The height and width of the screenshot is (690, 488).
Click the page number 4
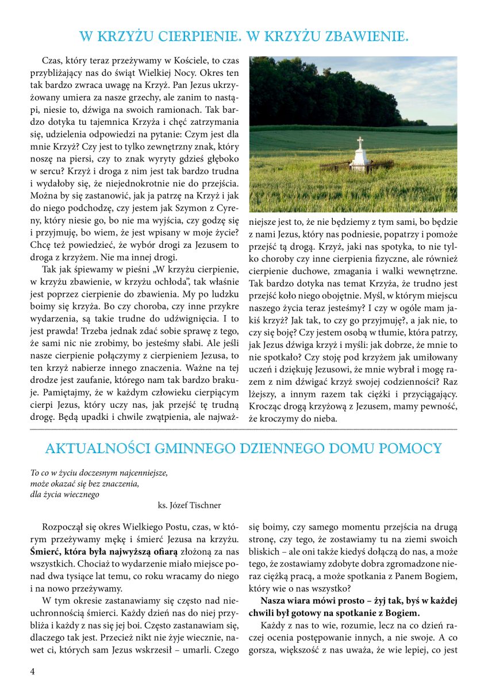pos(33,671)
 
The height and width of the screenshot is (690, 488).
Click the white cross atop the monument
pos(360,143)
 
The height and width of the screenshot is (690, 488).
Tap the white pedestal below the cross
pos(360,161)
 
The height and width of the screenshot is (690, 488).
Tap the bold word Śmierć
pos(45,549)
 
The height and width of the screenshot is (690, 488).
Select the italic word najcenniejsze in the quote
pos(140,473)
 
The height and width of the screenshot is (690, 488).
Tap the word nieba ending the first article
pos(324,419)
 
